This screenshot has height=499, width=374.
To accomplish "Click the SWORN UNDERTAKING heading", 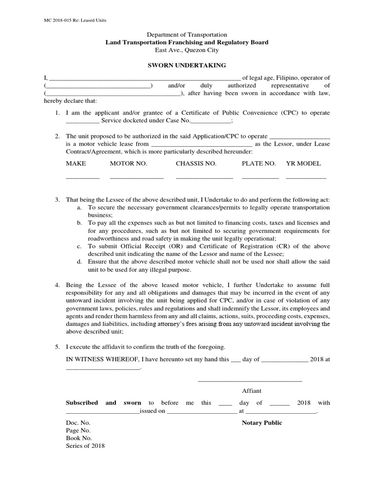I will point(187,65).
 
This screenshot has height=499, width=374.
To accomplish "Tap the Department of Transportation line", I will point(187,35).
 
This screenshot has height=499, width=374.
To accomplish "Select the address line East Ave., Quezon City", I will point(187,50).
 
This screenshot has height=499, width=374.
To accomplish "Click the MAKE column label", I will point(76,163).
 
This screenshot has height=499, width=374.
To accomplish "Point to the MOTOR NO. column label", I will point(128,163).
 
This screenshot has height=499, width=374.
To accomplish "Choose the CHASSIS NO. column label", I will point(196,163).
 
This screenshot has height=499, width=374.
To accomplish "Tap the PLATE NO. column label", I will point(259,163).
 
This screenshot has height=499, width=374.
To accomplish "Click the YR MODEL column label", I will point(303,163).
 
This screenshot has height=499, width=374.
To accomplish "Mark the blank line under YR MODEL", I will point(306,178).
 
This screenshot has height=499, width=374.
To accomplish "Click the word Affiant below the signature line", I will point(252,391).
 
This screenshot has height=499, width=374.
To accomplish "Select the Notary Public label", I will point(262,422).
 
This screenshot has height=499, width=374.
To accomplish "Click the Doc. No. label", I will point(78,422).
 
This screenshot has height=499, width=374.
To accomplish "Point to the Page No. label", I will point(78,430).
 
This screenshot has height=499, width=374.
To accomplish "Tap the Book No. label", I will point(78,438).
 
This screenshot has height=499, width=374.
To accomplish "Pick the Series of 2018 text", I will point(85,446).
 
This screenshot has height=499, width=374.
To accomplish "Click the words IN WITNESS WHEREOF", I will point(102,359).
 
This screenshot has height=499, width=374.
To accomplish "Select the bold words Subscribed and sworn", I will point(103,403).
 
